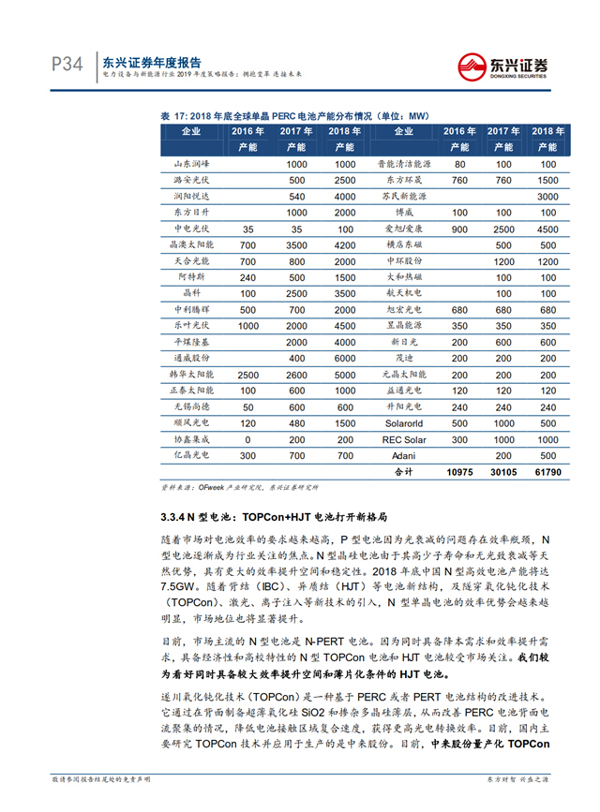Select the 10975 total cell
[458, 472]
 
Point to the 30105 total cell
[502, 472]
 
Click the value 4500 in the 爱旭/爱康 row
[546, 229]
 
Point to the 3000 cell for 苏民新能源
[546, 196]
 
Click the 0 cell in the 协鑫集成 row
[247, 438]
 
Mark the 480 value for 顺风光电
[297, 421]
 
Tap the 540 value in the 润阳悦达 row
[297, 196]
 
